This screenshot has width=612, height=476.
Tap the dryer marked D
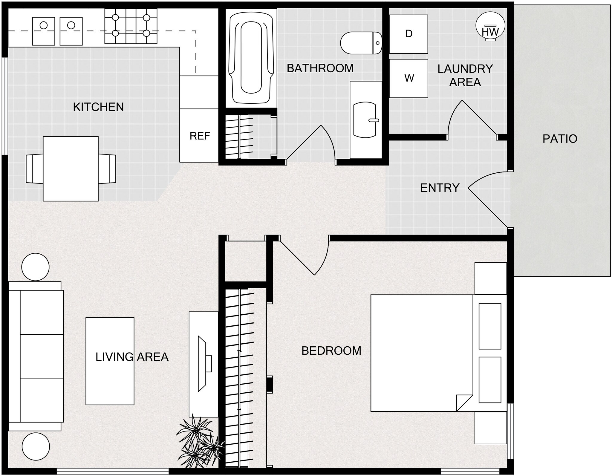408,34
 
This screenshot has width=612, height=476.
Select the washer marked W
408,78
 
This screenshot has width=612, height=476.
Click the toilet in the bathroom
361,43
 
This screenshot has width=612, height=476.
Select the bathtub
251,59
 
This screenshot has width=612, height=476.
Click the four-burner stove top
131,26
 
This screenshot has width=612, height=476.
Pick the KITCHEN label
98,107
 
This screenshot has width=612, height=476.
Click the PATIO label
560,139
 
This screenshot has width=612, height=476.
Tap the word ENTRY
440,188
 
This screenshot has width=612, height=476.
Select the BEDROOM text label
331,351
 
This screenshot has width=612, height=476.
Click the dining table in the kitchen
71,169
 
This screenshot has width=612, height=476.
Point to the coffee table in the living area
110,361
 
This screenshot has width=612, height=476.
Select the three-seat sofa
36,356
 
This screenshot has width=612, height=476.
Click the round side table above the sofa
35,267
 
